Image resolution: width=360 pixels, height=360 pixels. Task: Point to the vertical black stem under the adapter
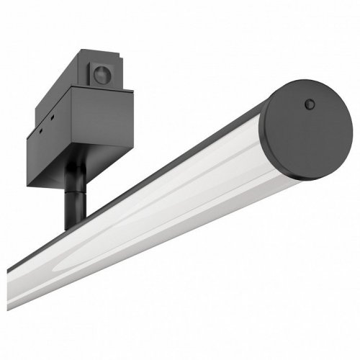pyautogui.click(x=73, y=202)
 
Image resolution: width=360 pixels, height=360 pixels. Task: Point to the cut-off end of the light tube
pyautogui.click(x=12, y=276)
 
